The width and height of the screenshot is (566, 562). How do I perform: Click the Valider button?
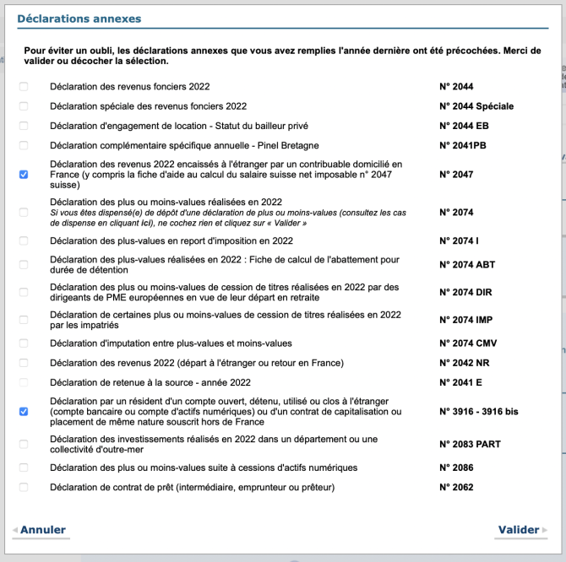[x=519, y=530]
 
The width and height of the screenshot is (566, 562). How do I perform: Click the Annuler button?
[x=43, y=530]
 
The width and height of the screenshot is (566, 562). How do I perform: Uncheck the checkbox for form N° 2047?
[x=24, y=175]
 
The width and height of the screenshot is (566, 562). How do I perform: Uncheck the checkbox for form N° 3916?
[x=24, y=412]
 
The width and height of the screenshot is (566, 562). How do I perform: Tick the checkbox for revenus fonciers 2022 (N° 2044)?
[x=24, y=87]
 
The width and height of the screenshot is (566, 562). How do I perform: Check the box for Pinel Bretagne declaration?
[x=24, y=146]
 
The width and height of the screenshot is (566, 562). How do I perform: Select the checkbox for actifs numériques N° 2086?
[x=24, y=467]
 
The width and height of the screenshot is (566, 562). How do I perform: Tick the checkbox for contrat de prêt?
[x=24, y=487]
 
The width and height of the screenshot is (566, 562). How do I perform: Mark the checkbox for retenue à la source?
[x=24, y=382]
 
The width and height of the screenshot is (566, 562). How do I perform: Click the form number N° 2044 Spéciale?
[x=476, y=106]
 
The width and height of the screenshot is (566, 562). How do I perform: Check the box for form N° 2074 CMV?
[x=24, y=343]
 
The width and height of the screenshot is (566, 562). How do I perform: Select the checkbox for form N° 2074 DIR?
[x=24, y=291]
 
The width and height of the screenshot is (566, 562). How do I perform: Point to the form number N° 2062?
[x=456, y=487]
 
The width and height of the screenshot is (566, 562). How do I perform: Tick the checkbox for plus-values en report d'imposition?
[x=24, y=241]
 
